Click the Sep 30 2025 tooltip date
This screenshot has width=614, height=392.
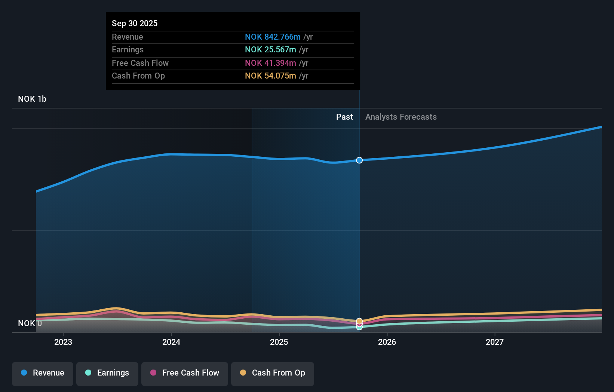coord(135,23)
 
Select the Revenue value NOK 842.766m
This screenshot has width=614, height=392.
coord(273,37)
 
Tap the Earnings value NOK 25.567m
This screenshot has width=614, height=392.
coord(270,49)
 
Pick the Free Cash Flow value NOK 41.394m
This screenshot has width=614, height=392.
coord(270,63)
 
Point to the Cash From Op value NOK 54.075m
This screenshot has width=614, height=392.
coord(270,76)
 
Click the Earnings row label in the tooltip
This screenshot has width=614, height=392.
coord(128,49)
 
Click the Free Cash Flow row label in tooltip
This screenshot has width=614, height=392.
coord(140,63)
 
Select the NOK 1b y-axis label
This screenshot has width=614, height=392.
coord(32,99)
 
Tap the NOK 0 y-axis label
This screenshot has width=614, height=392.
coord(30,323)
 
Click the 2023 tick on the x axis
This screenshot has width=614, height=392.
coord(63,342)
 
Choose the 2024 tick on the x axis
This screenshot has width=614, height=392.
coord(171,342)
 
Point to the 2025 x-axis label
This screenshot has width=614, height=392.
coord(279,342)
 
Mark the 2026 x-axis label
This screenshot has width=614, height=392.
coord(387,342)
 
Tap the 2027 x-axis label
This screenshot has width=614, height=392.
coord(495,342)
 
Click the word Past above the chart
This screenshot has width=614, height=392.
coord(344,117)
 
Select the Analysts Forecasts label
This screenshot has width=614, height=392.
coord(401,117)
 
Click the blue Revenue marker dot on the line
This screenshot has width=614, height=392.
coord(359,160)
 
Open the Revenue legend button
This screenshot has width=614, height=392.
coord(43,373)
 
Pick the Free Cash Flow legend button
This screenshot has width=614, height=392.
coord(185,373)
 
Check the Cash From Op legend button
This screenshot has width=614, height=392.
coord(273,373)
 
